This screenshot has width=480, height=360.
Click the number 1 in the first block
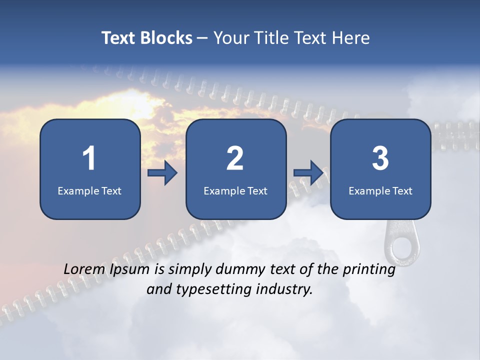pos(89,158)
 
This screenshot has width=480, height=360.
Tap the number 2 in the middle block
pos(235,158)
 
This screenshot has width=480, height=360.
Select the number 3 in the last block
pos(380,158)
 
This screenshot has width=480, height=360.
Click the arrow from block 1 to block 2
pos(163,173)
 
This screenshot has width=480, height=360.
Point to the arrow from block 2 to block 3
pos(308,173)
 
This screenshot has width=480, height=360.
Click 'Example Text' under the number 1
pos(89,190)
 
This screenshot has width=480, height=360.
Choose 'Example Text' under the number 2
pos(235,190)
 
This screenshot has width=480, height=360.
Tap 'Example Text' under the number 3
pos(380,190)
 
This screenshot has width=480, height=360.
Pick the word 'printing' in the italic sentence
pos(369,269)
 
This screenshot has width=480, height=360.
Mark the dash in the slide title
pos(202,38)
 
